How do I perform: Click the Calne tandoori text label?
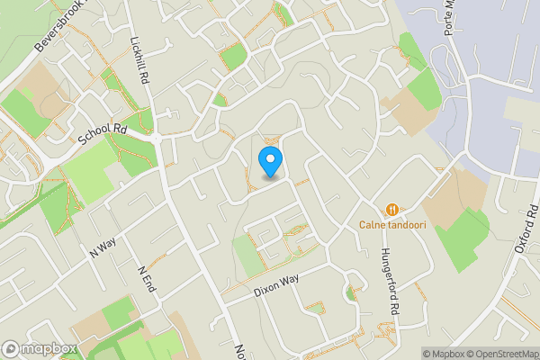pyautogui.click(x=392, y=224)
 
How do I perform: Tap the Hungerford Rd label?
pyautogui.click(x=390, y=280)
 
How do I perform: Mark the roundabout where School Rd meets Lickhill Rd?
pyautogui.click(x=157, y=139)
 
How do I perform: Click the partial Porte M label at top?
pyautogui.click(x=452, y=18)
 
